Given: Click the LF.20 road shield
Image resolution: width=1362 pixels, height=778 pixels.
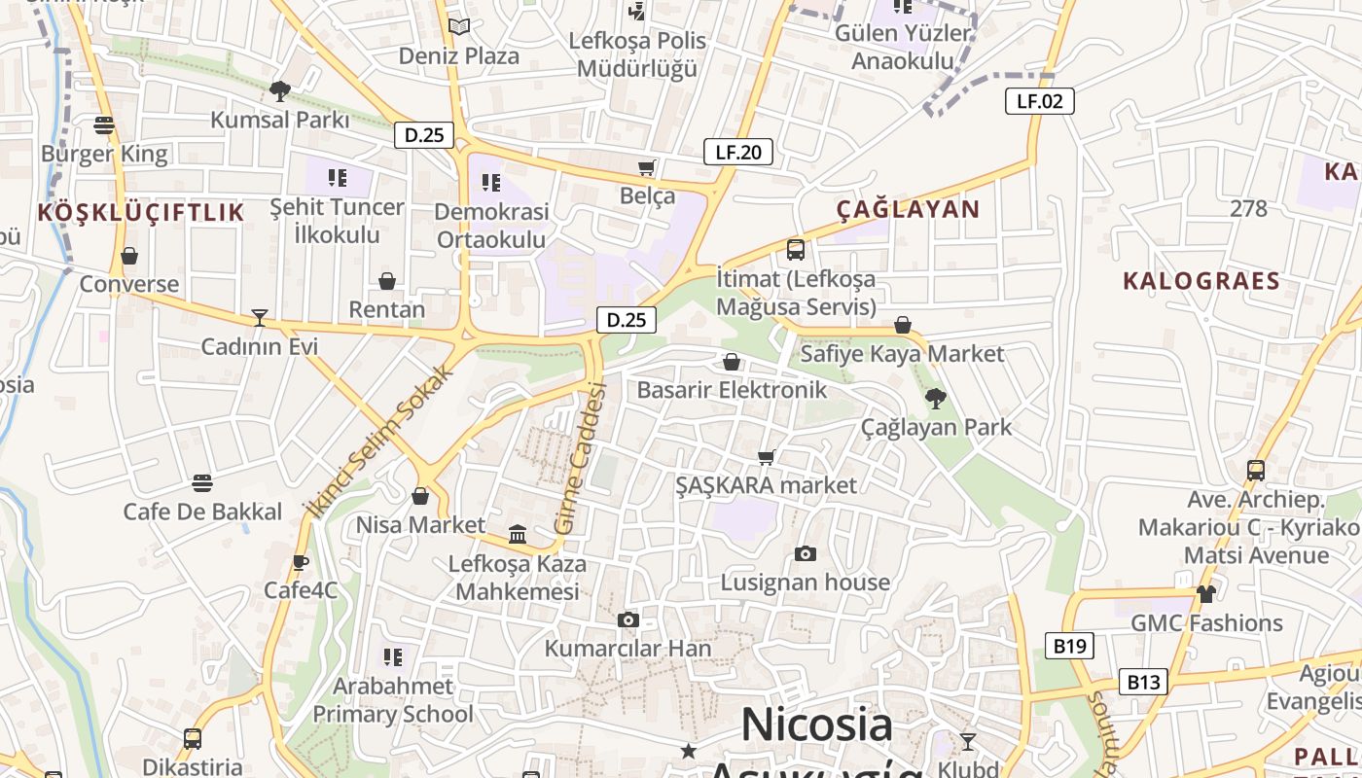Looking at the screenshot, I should [737, 152].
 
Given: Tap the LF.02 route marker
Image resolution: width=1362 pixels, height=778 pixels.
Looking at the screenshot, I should [1039, 100].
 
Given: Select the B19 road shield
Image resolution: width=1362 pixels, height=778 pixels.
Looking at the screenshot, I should [1070, 646].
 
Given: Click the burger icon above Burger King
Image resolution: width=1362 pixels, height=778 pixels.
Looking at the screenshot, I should [104, 125].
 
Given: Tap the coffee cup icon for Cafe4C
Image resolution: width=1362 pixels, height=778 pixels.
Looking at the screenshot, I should [301, 562].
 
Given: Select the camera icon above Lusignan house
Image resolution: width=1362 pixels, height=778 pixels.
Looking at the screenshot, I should [805, 554].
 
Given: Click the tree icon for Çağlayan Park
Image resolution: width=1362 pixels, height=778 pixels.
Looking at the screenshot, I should [935, 398].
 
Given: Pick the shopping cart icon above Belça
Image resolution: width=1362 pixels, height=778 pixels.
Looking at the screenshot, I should [646, 167].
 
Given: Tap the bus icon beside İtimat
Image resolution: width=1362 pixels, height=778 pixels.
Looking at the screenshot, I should [795, 250].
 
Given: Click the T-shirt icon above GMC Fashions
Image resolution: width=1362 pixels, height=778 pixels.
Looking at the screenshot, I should [1205, 593].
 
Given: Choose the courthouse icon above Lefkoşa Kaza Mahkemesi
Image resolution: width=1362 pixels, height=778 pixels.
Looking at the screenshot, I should [518, 535].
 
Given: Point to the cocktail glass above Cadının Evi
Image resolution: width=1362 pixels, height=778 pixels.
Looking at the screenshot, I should [259, 318].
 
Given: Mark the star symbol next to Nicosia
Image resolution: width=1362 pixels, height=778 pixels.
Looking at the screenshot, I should [689, 751].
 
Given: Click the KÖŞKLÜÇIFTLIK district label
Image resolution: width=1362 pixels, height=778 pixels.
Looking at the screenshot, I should [141, 213].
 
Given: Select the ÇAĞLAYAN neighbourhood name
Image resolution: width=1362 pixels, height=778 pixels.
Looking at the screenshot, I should [908, 209].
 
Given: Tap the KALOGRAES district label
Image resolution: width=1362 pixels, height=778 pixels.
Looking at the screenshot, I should [1201, 281].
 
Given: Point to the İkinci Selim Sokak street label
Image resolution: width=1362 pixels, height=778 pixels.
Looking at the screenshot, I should [380, 441].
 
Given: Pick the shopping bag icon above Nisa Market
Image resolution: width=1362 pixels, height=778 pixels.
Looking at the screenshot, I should [420, 497].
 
